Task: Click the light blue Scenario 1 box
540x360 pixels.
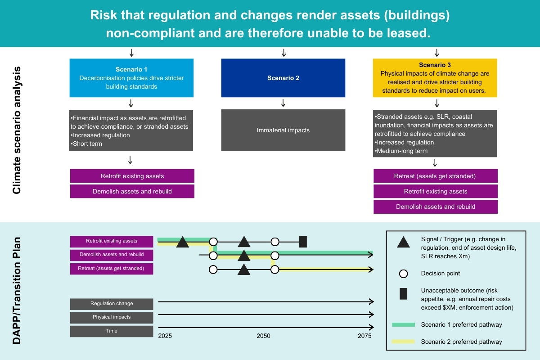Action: click(x=131, y=78)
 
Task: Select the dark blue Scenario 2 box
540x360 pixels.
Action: click(x=283, y=78)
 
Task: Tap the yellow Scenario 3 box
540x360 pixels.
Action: click(x=435, y=78)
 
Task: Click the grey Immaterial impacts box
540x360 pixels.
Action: click(x=283, y=130)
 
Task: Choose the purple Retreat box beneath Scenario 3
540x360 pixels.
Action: click(x=436, y=176)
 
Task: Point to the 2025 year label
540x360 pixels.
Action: click(x=165, y=336)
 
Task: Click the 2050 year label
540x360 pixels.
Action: click(x=264, y=336)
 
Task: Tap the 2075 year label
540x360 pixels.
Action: click(x=364, y=336)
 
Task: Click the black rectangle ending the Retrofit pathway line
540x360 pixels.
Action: click(x=303, y=242)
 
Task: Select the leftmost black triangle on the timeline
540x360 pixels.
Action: click(x=182, y=242)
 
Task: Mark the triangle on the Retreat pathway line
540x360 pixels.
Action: click(x=244, y=270)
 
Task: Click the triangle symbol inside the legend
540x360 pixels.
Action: click(x=403, y=243)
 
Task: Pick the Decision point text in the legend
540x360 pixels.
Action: click(x=440, y=273)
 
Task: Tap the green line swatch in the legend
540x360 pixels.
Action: click(x=403, y=324)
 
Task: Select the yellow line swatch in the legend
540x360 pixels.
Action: click(x=403, y=342)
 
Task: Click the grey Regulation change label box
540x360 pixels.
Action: click(x=112, y=304)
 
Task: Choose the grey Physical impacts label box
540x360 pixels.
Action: click(x=112, y=317)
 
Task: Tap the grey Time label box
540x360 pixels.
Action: click(x=112, y=331)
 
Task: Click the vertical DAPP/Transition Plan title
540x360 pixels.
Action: click(x=17, y=290)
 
